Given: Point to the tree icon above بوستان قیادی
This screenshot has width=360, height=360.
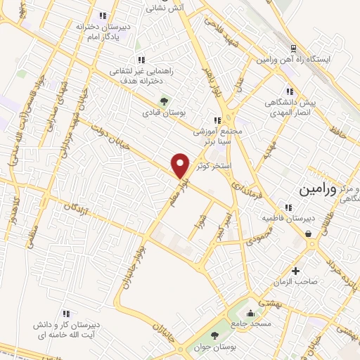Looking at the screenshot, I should tap(165, 100).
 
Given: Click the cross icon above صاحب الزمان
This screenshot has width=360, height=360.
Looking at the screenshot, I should tap(296, 271).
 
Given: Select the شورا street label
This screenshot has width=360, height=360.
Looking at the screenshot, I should tap(202, 230).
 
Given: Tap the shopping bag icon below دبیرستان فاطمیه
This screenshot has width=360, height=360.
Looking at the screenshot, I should tap(308, 234).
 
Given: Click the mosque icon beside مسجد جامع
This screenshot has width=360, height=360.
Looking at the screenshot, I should tap(250, 313).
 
